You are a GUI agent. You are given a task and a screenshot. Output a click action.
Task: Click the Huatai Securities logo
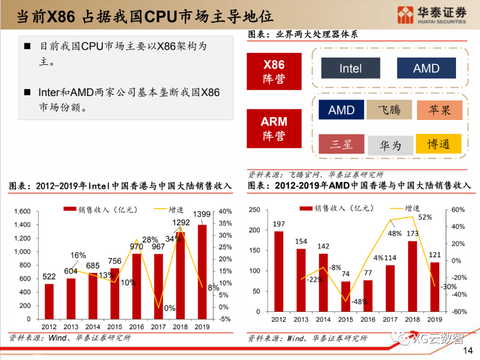coord(432,15)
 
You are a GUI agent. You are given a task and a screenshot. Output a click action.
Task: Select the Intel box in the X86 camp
coord(350,68)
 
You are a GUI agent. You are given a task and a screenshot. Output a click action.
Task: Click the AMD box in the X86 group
coord(426,68)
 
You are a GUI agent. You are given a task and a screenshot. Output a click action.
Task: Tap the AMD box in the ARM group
coord(341,110)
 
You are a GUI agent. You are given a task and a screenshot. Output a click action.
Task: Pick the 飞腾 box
coord(389,110)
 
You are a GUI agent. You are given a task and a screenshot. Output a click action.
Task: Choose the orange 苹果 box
coord(439,110)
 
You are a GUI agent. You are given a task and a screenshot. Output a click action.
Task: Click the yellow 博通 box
coord(438,144)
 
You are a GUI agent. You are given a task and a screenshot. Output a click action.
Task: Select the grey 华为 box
coord(390,145)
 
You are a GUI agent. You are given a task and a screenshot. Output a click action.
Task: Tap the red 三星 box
coord(341,144)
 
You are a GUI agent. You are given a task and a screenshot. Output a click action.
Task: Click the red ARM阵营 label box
coord(274,128)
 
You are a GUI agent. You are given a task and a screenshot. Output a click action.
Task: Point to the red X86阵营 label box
coord(274,71)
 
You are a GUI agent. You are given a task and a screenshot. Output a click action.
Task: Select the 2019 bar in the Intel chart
coord(202,272)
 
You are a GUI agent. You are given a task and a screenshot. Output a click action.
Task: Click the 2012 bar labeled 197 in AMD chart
coord(278,271)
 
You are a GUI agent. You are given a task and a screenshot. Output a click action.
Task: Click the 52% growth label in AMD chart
coord(425,217)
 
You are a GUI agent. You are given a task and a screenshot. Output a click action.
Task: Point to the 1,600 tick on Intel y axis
coord(22,211)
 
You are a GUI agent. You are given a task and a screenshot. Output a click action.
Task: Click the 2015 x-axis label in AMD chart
coord(346,320)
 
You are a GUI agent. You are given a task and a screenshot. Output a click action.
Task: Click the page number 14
coord(468,351)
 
